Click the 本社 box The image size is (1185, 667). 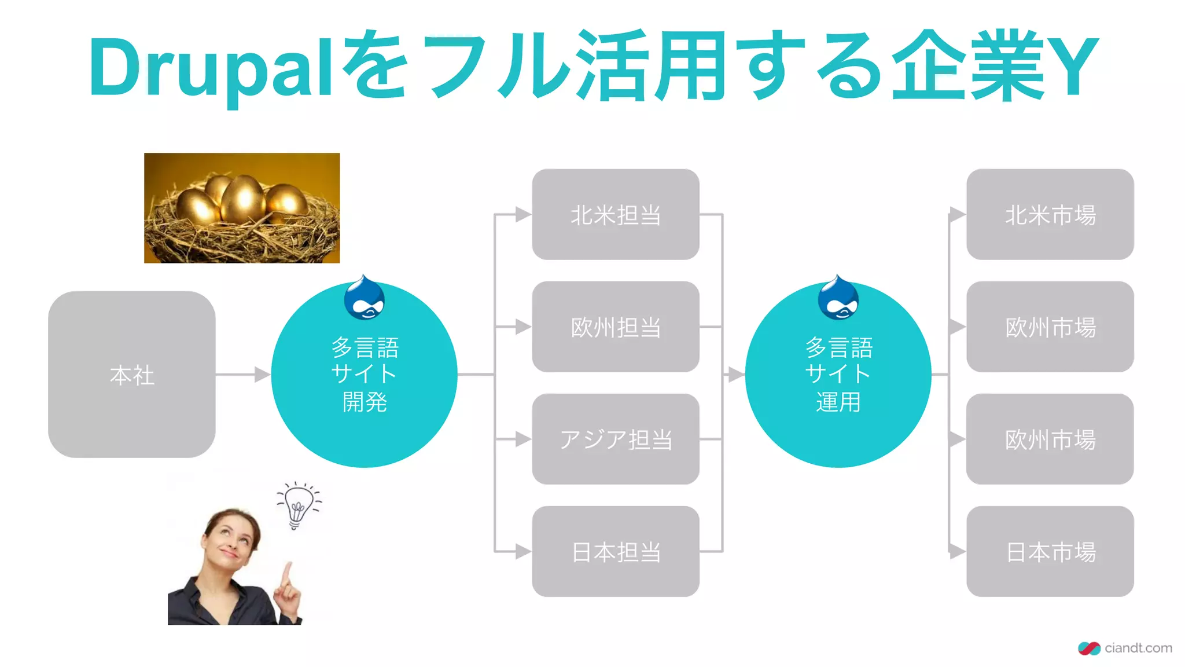tap(132, 375)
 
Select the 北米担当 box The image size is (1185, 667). tap(616, 214)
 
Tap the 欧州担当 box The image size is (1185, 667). tap(616, 327)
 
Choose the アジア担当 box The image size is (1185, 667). tap(616, 439)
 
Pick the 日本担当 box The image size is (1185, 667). tap(616, 551)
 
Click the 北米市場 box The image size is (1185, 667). tap(1050, 214)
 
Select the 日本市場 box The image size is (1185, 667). tap(1050, 551)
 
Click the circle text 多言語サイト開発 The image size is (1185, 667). tap(365, 375)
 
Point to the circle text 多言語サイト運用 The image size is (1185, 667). tap(838, 375)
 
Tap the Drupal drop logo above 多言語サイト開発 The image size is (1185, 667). tap(365, 299)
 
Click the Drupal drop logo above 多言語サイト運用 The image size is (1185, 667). tap(838, 299)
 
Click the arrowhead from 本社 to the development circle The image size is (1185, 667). tap(262, 375)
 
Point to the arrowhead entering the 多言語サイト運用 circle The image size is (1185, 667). tap(735, 375)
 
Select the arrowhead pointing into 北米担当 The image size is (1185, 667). tap(523, 214)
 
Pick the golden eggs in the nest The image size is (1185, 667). tap(242, 200)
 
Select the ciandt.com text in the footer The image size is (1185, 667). tap(1138, 648)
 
